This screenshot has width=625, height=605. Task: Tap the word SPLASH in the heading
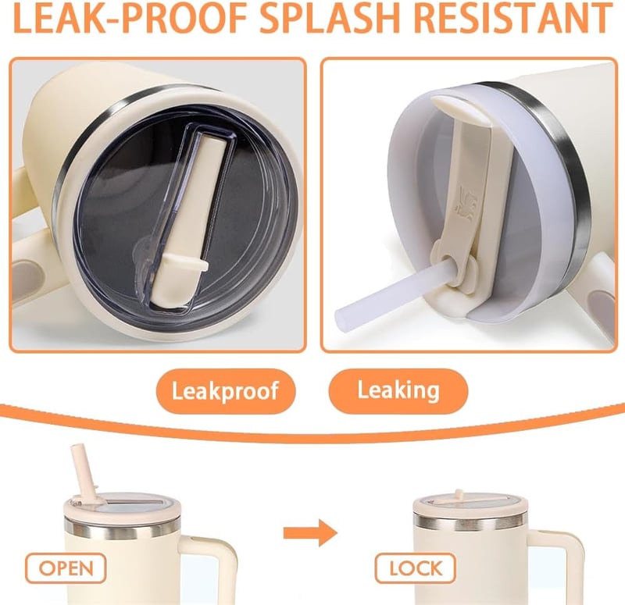click(330, 17)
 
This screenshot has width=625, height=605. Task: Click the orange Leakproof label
click(226, 391)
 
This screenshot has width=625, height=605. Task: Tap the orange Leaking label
click(398, 390)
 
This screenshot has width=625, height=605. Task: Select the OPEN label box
click(66, 568)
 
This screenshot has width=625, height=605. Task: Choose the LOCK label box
click(416, 568)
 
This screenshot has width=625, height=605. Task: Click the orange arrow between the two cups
click(310, 533)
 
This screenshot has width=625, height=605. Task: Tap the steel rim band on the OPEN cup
click(123, 528)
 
